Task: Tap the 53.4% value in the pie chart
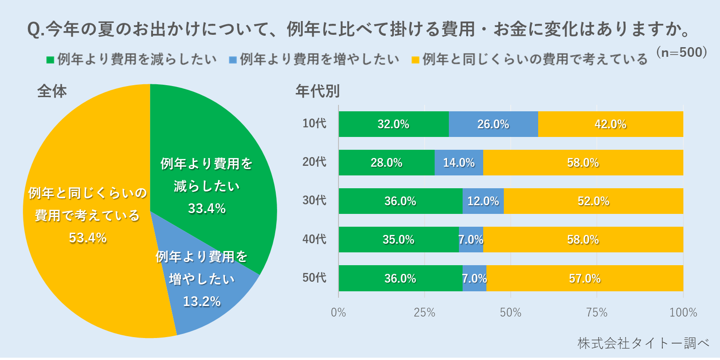pos(87,238)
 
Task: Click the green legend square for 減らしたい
pos(50,60)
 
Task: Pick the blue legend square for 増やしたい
pos(233,60)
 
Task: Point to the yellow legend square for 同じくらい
pos(415,60)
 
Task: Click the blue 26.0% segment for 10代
pos(493,124)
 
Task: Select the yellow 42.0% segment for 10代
pos(611,124)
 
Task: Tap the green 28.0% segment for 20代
pos(387,163)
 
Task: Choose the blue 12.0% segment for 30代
pos(483,201)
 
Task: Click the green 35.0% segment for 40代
pos(398,240)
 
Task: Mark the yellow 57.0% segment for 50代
pos(585,278)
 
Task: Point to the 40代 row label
pos(314,239)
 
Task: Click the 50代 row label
pos(314,278)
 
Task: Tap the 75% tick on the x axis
pos(597,313)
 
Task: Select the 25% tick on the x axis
pos(425,313)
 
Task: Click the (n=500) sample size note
pos(682,52)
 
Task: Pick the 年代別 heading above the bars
pos(317,91)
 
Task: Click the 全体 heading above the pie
pos(52,91)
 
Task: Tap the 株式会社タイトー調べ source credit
pos(643,343)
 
